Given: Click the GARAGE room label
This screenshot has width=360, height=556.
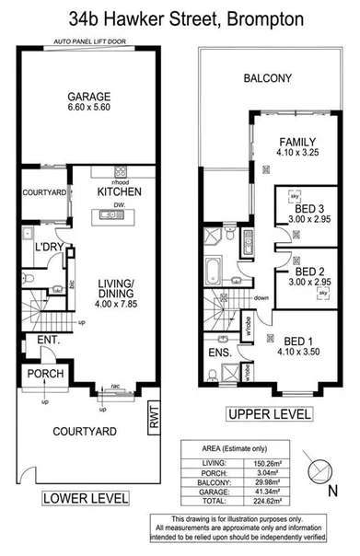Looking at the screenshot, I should pos(87,95).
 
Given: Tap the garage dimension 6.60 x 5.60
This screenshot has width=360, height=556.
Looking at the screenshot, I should pos(87,108).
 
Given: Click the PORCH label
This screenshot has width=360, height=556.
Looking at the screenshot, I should pos(43,374).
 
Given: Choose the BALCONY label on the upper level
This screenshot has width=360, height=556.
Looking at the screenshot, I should pos(268,79).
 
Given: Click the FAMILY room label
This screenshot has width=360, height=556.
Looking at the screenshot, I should pos(298,142).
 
